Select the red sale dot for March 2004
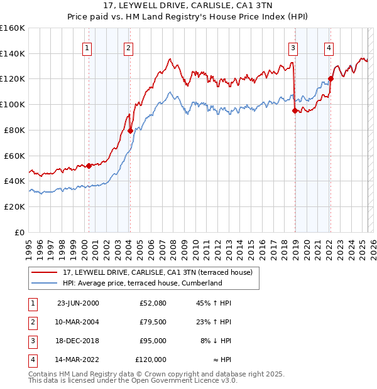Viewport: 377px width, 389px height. pos(130,131)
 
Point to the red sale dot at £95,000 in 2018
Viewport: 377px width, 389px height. pos(295,111)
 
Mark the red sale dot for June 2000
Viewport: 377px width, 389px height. pos(89,166)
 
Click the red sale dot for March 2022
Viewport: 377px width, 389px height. pos(331,79)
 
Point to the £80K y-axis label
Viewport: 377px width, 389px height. pos(14,130)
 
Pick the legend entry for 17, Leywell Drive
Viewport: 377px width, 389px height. pos(157,272)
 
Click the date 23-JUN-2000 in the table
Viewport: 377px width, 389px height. pos(78,303)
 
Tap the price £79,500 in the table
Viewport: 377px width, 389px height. pos(153,322)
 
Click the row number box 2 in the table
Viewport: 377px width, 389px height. pos(31,322)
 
